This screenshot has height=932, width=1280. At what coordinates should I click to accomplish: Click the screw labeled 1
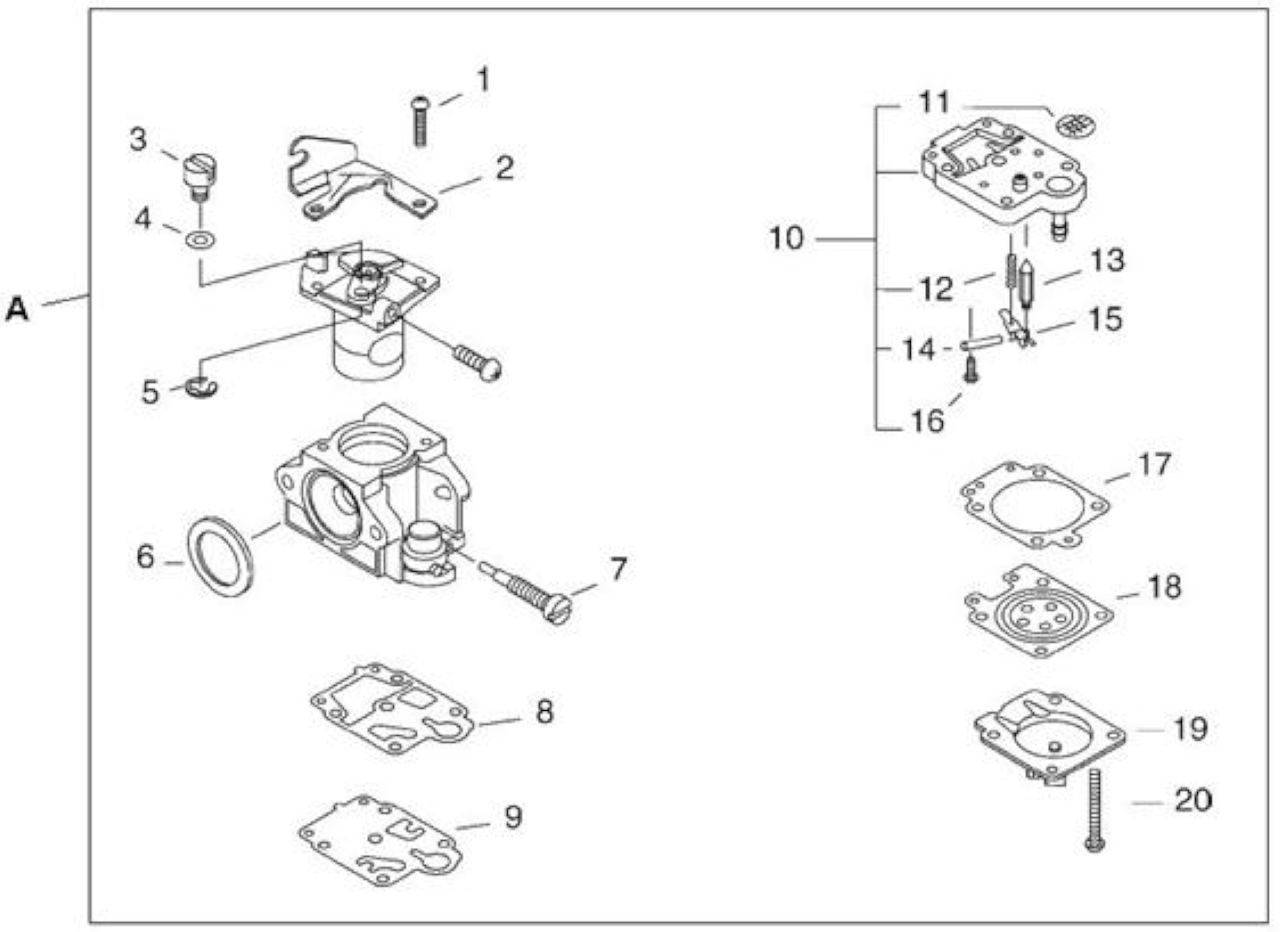click(x=421, y=121)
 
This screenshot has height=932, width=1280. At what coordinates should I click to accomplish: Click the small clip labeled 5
click(x=201, y=388)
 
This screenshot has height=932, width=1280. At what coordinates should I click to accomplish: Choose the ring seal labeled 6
click(x=220, y=556)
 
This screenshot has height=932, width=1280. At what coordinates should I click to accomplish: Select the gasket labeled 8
click(x=393, y=709)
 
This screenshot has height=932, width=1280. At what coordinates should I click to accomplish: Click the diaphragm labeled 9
click(x=381, y=841)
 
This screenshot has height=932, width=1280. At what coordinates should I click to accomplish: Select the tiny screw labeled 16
click(x=971, y=370)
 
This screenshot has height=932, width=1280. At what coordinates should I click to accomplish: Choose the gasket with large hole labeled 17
click(x=1035, y=506)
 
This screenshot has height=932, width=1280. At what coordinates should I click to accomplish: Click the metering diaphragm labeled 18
click(x=1039, y=611)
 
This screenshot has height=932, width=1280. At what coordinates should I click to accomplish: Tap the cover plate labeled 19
click(x=1050, y=738)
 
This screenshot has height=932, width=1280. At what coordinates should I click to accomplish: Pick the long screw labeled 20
click(x=1095, y=811)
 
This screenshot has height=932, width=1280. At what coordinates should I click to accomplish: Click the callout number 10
click(x=787, y=239)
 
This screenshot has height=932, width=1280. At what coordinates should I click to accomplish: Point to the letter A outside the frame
click(x=17, y=309)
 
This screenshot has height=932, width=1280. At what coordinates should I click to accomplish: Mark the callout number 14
click(x=919, y=349)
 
